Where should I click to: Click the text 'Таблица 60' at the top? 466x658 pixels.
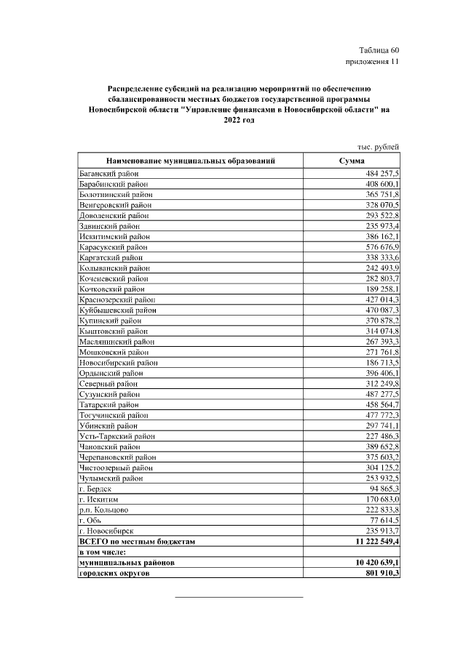pos(379,50)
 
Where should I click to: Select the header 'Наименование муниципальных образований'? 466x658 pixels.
pos(191,161)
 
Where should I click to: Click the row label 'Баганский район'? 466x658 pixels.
pos(109,174)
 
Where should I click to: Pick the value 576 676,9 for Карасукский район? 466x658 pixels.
pos(379,247)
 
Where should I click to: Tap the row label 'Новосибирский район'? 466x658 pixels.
pos(118,362)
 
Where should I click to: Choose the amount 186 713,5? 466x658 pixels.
pos(379,362)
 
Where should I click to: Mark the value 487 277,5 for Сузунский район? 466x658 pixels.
pos(379,393)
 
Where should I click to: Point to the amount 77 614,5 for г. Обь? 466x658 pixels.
pos(382,521)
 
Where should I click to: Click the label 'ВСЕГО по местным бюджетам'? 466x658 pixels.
pos(138,542)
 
